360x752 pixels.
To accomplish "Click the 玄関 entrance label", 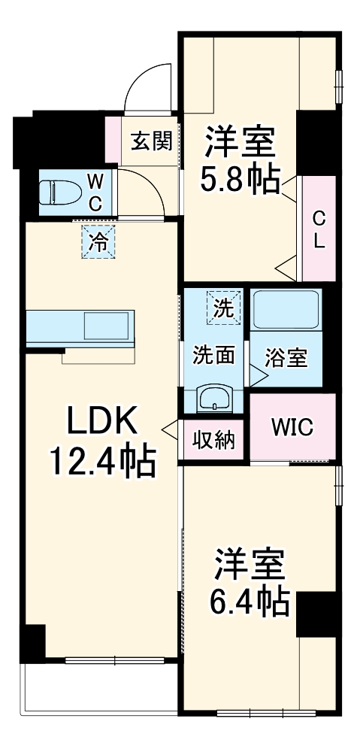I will point(153,141).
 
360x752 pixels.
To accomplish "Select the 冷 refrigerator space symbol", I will point(98,242).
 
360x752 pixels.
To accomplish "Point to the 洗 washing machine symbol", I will point(224,307).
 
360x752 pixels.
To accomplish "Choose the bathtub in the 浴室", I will point(286,310).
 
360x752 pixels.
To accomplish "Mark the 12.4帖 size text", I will point(102,461).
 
